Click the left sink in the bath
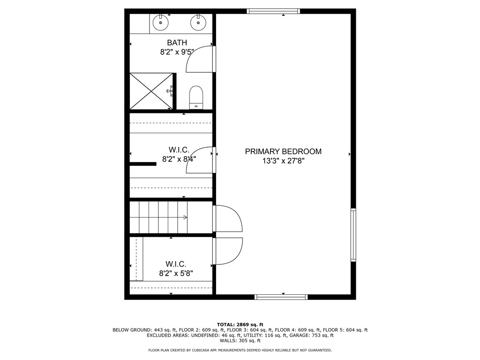tap(161, 22)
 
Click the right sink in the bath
tap(198, 22)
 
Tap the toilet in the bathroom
tap(196, 97)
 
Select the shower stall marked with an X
tap(150, 91)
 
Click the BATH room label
tap(177, 43)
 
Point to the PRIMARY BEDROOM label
tap(283, 151)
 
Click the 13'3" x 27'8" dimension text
tap(283, 161)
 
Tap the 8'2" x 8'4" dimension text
tap(179, 159)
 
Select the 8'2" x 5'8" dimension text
tap(176, 273)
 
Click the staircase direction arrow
tap(185, 217)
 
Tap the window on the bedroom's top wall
tap(273, 11)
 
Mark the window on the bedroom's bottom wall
tap(281, 297)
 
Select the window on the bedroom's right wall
tap(353, 234)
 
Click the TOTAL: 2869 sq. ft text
tap(240, 324)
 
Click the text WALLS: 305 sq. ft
tap(240, 341)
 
